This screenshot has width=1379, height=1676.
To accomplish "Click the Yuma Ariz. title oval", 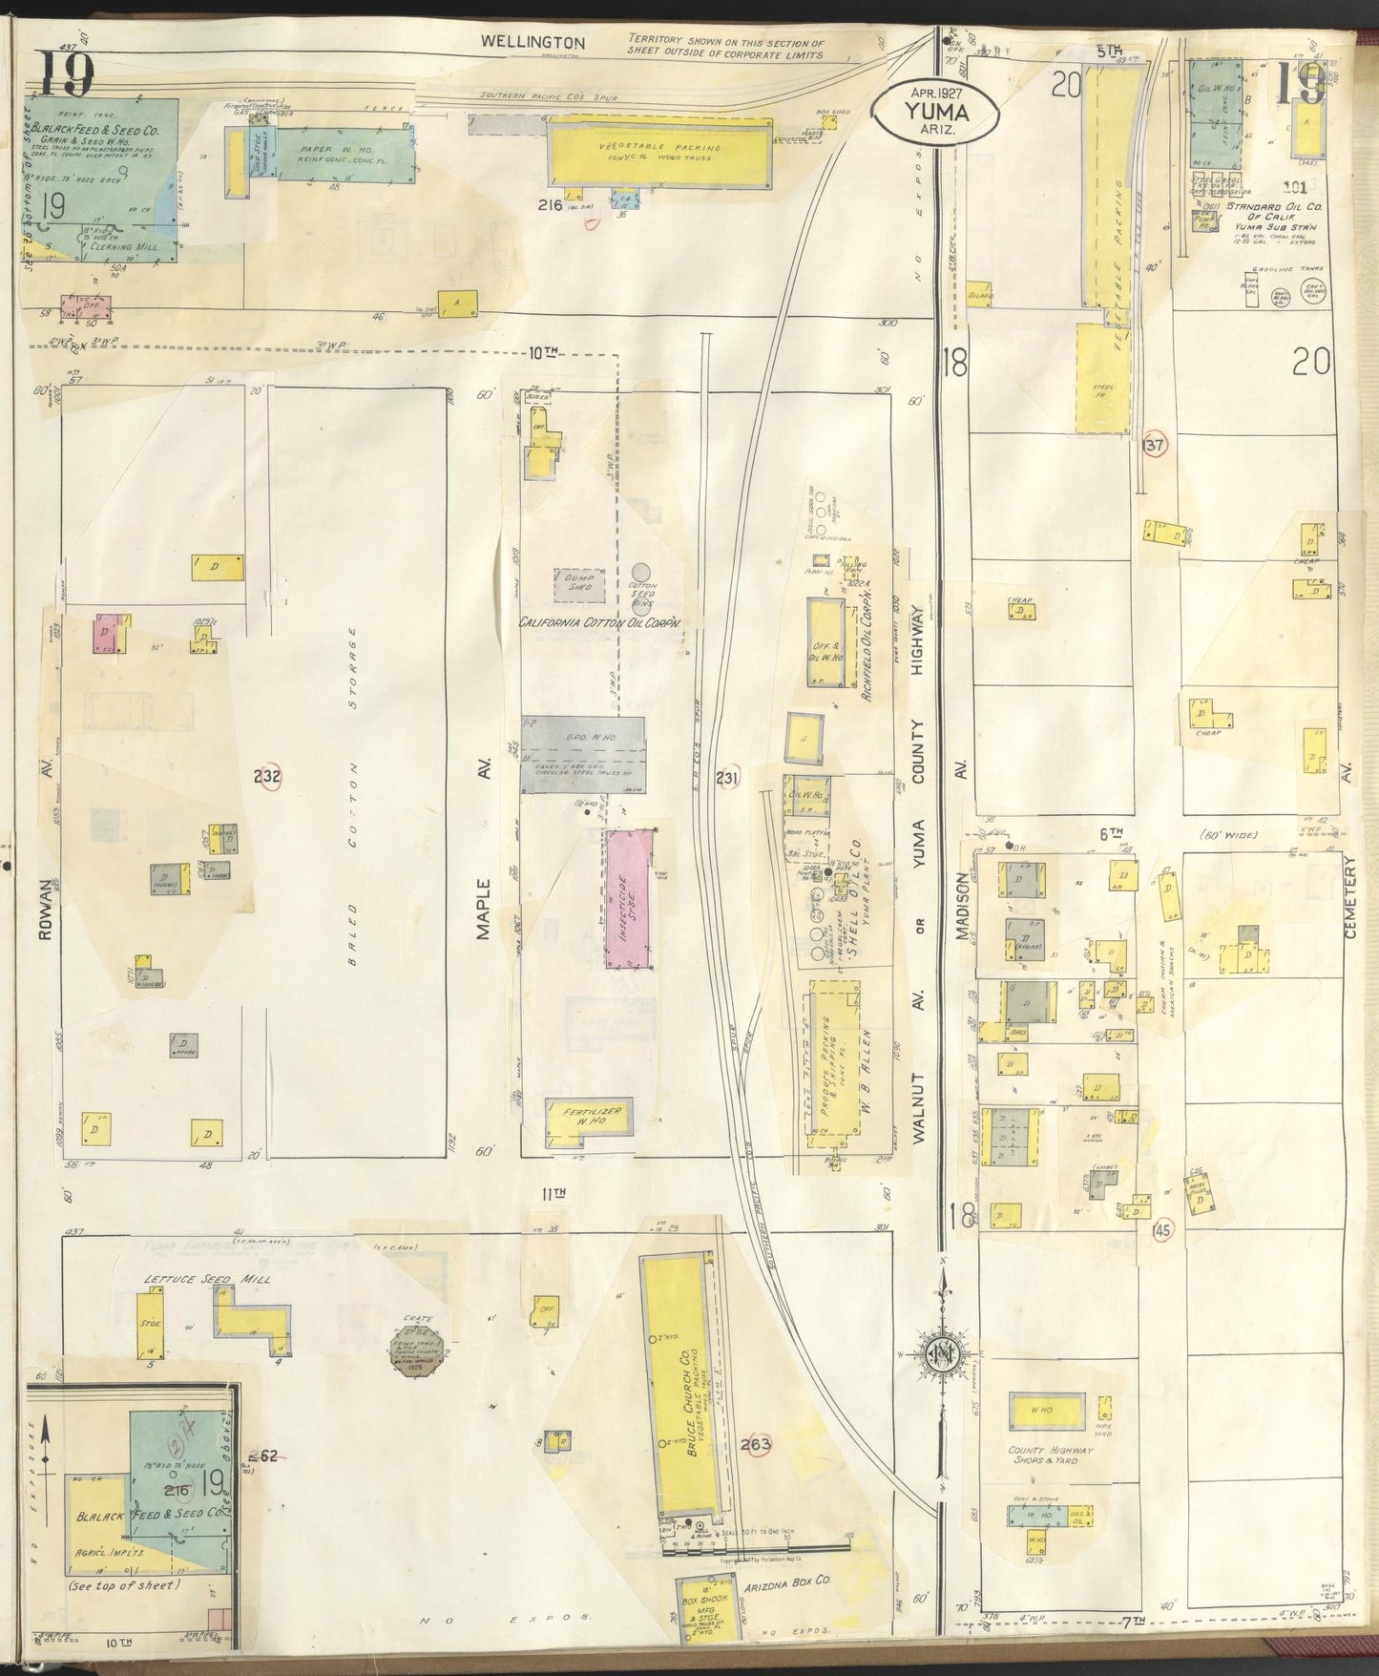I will tap(937, 113).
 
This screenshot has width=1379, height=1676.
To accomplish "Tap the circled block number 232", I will tap(267, 779).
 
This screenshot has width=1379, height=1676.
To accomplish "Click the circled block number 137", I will tap(1154, 445).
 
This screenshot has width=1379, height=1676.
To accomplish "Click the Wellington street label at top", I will tap(519, 42).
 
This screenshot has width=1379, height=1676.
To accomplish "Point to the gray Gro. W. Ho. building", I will tap(581, 755).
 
